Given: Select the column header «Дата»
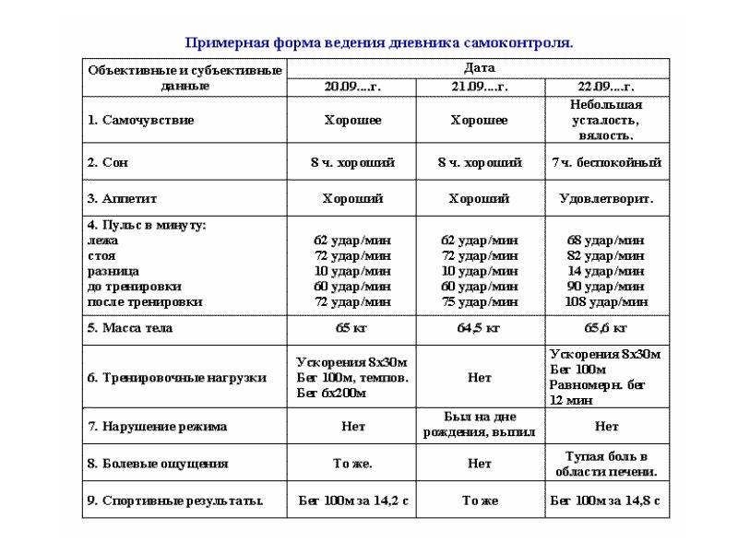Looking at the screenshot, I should (x=479, y=68).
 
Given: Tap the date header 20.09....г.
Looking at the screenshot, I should (x=352, y=87).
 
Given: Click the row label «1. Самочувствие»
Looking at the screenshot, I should (x=140, y=121).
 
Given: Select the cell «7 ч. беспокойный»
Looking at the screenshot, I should (x=606, y=162).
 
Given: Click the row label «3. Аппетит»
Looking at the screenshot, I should (x=124, y=198).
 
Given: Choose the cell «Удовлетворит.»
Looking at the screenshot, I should (x=606, y=198).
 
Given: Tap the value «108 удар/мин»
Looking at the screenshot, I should (x=606, y=301).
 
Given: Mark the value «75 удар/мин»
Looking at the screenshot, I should (x=479, y=301).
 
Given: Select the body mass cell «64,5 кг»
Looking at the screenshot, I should (x=479, y=327).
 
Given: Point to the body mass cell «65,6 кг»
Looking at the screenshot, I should (x=606, y=327).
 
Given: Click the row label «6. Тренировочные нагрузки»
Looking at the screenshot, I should (x=176, y=378).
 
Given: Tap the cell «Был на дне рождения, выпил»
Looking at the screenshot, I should (x=479, y=426).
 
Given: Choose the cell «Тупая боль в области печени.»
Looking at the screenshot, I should (x=606, y=464).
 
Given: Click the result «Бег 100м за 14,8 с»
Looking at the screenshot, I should (x=606, y=501).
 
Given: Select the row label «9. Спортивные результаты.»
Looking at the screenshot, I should (x=175, y=501).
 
